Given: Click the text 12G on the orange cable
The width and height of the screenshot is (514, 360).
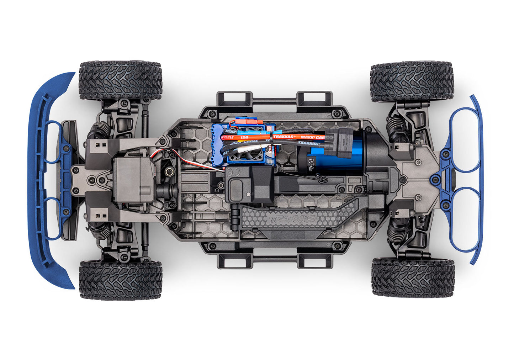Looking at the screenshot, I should pyautogui.click(x=244, y=137).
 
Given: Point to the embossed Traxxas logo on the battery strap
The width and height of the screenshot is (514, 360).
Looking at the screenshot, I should pyautogui.click(x=292, y=218).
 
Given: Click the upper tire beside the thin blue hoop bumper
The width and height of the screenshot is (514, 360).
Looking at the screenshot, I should pyautogui.click(x=412, y=83).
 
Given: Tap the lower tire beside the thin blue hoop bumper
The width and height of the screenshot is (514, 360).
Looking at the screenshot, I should pyautogui.click(x=413, y=277).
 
